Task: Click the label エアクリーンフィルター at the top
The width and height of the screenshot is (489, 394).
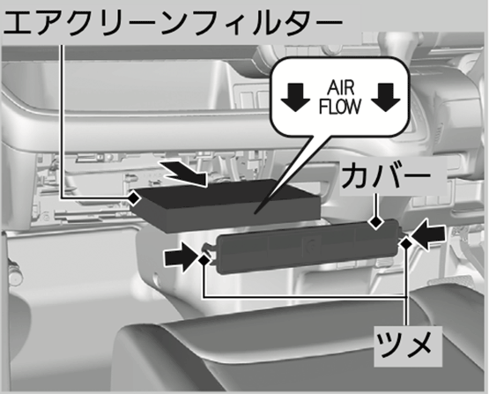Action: pos(173,23)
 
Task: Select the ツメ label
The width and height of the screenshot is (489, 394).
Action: pos(404,346)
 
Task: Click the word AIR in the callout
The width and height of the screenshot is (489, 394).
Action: pos(341,88)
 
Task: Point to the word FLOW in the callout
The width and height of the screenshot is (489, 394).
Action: pos(340,107)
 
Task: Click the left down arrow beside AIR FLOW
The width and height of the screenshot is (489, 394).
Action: pos(295,97)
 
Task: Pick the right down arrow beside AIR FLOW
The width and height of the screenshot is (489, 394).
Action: pos(385,97)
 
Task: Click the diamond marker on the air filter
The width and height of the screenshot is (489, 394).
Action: pos(134,197)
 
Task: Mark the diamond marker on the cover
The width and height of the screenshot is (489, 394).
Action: pos(375,222)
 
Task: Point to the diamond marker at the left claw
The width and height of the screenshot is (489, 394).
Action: pos(204,259)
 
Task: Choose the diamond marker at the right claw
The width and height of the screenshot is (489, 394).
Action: pos(406,243)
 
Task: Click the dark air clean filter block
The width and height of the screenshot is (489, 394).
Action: pos(226,204)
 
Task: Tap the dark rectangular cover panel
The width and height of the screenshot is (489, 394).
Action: pos(307,245)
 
